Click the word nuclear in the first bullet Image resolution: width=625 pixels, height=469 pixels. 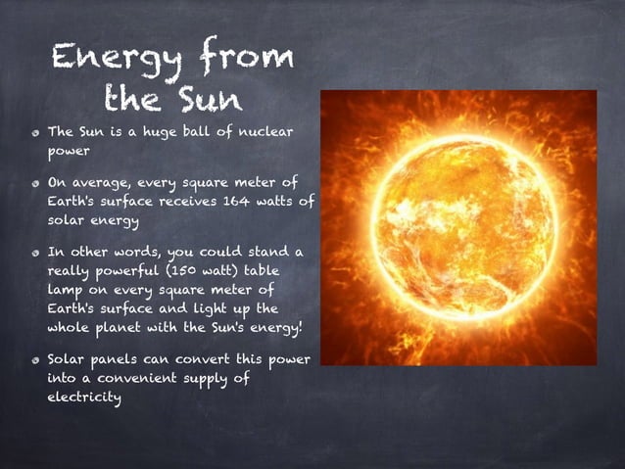click(x=262, y=132)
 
